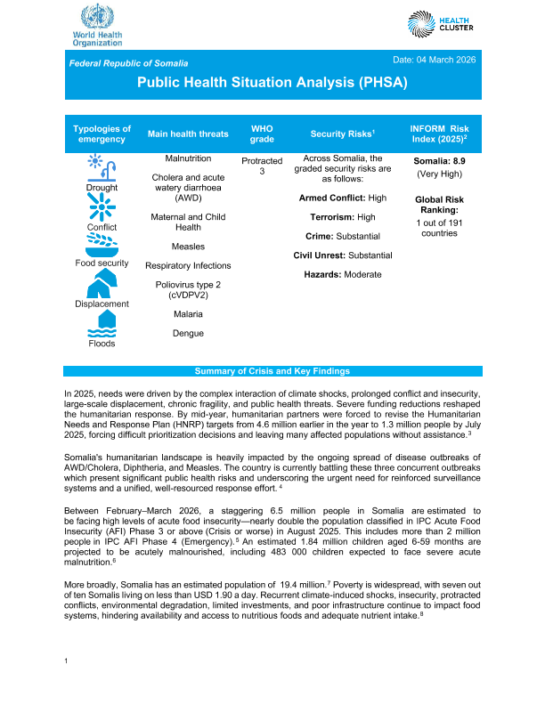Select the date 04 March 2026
435,59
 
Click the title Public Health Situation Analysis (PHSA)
272,82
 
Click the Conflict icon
102,208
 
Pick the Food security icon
102,245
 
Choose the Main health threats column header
188,134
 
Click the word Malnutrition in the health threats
188,158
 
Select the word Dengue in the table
188,333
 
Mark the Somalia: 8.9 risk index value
439,161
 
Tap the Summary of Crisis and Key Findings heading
272,371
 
